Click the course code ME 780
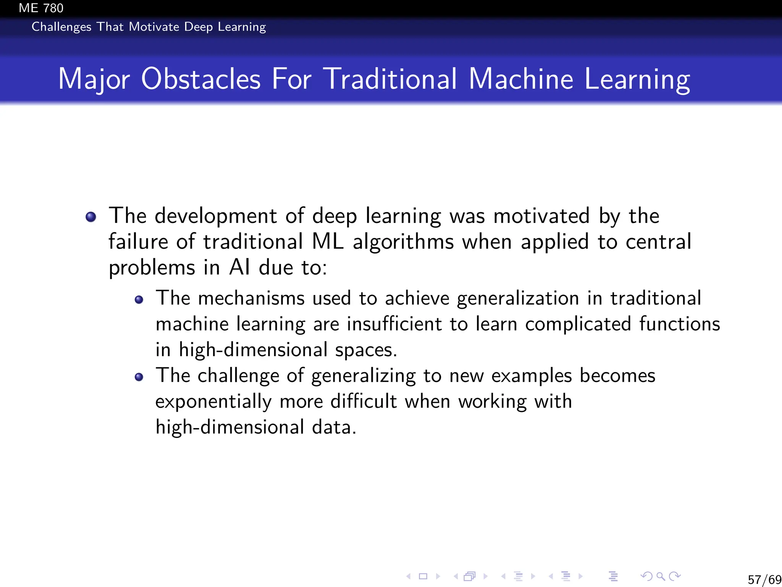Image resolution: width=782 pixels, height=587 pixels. pos(41,8)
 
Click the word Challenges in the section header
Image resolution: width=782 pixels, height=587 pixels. pos(61,27)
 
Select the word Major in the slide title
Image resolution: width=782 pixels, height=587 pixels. pos(94,79)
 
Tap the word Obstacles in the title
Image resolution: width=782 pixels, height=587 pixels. pos(201,79)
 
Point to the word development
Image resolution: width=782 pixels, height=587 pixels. pos(215,216)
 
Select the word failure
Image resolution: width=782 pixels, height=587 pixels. pos(138,242)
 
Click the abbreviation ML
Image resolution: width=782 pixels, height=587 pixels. pos(328,242)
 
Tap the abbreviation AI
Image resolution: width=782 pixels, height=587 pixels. pos(239,268)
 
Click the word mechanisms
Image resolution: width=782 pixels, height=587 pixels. pos(251,298)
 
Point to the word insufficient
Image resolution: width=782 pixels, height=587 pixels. pos(394,324)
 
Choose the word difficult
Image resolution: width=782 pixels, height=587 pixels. pos(364,401)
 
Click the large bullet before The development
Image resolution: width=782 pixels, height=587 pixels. pos(91,217)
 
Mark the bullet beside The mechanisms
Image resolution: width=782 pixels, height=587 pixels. pos(139,300)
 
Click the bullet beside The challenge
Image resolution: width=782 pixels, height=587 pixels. pos(139,377)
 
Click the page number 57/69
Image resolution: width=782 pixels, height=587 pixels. pos(764,580)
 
